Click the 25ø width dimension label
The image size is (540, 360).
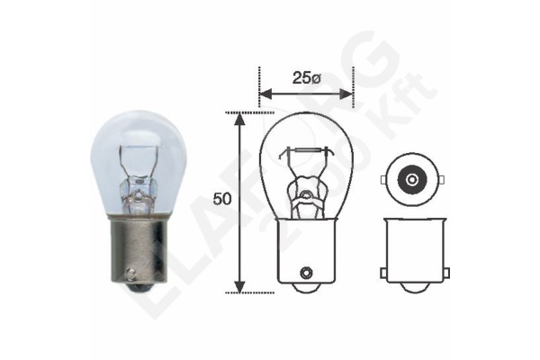(x=306, y=77)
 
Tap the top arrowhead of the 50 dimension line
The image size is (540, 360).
(x=239, y=118)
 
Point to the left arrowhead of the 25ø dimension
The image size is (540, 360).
(x=264, y=91)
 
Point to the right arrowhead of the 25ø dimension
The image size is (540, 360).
(x=348, y=91)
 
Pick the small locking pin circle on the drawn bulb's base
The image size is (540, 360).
(x=306, y=270)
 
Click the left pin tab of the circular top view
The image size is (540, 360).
(x=383, y=178)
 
